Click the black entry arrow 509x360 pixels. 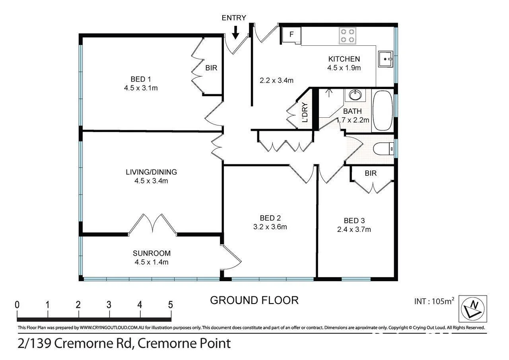pyautogui.click(x=235, y=32)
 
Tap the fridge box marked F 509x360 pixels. pyautogui.click(x=291, y=35)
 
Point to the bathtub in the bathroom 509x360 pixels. pyautogui.click(x=383, y=111)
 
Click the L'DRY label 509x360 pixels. pyautogui.click(x=305, y=113)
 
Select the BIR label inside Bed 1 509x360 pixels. pyautogui.click(x=211, y=68)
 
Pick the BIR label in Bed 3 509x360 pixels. pyautogui.click(x=370, y=173)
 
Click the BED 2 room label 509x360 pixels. pyautogui.click(x=270, y=218)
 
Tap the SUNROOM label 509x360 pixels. pyautogui.click(x=152, y=253)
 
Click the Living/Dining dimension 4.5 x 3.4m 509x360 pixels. pyautogui.click(x=151, y=181)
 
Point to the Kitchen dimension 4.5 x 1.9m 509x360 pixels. pyautogui.click(x=344, y=68)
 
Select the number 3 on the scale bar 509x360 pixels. pyautogui.click(x=109, y=305)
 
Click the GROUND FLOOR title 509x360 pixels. pyautogui.click(x=254, y=300)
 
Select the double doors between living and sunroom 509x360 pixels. pyautogui.click(x=153, y=224)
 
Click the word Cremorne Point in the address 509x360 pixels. pyautogui.click(x=184, y=343)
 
